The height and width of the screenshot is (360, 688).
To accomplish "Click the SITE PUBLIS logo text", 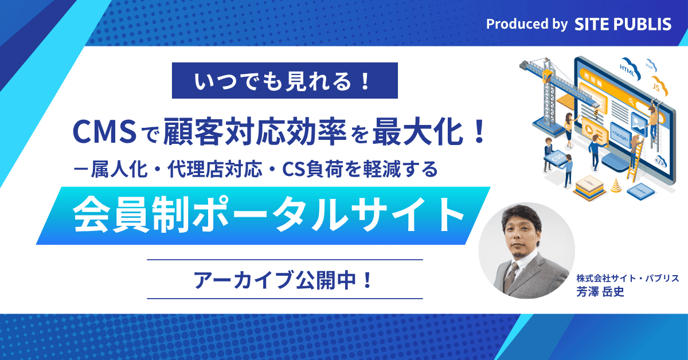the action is [623, 24].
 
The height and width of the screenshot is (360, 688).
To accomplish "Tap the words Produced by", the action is [527, 24].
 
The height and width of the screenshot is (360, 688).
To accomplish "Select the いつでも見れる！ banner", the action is [285, 80].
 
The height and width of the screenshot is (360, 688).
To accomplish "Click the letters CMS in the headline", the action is [105, 132].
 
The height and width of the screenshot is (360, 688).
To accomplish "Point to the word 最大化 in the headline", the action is [418, 132].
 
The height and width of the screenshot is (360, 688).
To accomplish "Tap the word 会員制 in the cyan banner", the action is [130, 215].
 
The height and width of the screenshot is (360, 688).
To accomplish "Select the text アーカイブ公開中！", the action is [285, 280].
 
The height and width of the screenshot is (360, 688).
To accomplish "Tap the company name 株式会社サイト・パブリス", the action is [627, 278].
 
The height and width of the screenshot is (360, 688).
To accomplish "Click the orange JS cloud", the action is [659, 87].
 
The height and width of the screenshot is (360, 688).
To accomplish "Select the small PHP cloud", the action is [651, 65].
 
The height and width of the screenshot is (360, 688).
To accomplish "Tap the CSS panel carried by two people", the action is [557, 158].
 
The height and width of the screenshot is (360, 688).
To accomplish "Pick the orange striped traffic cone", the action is [616, 185].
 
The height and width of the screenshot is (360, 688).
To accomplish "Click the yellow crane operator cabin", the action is [546, 76].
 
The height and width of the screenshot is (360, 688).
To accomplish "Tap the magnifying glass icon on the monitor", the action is [631, 101].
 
